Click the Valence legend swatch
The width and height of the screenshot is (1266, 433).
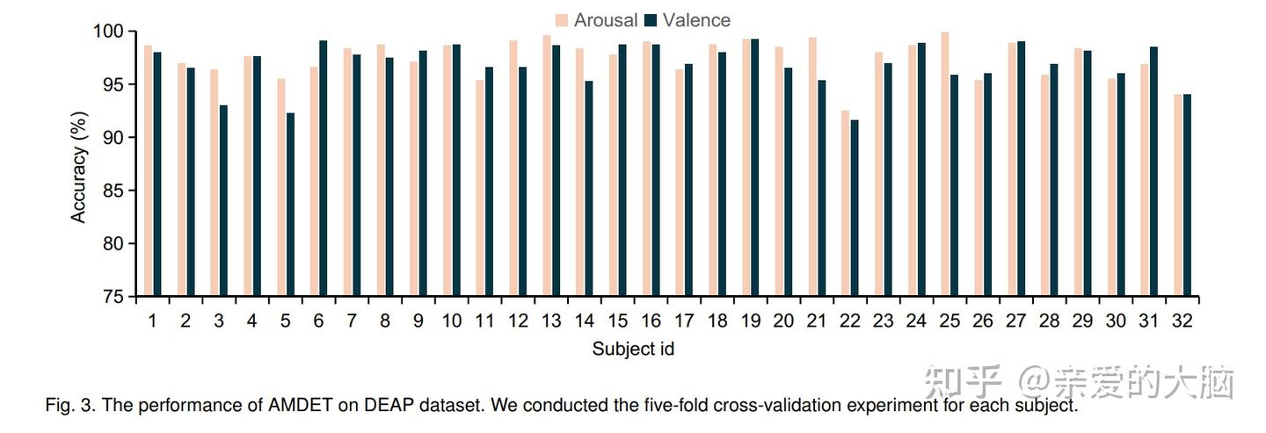(651, 20)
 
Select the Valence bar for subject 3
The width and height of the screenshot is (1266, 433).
(224, 201)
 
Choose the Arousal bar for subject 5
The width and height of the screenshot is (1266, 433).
(281, 188)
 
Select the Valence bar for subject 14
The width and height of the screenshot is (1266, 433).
(589, 189)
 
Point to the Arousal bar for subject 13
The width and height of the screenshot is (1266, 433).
(547, 166)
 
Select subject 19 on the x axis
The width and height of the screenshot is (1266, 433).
(750, 321)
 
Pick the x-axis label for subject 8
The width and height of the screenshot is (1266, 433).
(385, 321)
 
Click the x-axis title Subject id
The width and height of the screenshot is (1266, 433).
(633, 350)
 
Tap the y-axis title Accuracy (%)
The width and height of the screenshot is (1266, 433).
(79, 166)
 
